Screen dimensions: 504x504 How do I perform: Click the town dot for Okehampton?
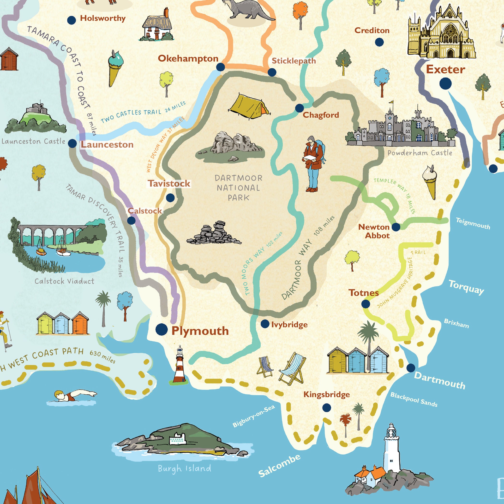point(221,67)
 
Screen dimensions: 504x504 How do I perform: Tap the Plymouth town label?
point(200,331)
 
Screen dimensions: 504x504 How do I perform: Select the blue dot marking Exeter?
point(445,83)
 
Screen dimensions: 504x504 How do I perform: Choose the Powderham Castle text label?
point(420,153)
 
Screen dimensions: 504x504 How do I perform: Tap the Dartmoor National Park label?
point(238,188)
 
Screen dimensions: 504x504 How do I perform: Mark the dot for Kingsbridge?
point(326,408)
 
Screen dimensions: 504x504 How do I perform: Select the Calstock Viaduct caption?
point(65,281)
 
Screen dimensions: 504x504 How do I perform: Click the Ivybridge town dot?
point(265,324)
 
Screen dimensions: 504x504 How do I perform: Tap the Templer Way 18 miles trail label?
point(395,194)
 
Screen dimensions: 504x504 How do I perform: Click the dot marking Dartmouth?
point(411,368)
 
